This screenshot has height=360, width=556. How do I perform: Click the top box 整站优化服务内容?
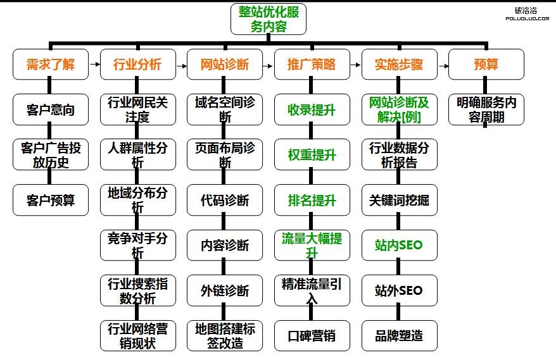click(269, 19)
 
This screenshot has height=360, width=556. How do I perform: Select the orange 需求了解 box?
click(51, 65)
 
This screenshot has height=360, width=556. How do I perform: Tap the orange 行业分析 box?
click(137, 65)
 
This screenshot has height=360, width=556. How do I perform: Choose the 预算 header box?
click(486, 65)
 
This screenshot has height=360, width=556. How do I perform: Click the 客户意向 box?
click(51, 109)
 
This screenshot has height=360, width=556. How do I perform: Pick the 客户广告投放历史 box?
click(51, 154)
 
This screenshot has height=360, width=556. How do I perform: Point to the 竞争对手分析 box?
click(137, 245)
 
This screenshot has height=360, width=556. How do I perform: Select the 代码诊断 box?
click(225, 200)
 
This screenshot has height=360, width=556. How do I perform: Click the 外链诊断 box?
click(225, 290)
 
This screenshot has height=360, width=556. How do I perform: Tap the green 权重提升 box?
click(312, 154)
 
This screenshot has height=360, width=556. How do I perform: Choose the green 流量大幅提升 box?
click(312, 245)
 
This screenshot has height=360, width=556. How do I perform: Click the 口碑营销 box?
click(312, 335)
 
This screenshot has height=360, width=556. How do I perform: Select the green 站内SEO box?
click(399, 245)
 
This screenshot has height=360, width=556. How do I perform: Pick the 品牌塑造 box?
click(399, 335)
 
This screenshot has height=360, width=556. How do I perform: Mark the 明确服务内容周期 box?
click(486, 109)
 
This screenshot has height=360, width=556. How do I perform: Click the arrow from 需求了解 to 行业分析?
click(94, 64)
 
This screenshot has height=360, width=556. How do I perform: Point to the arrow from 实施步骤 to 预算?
click(443, 64)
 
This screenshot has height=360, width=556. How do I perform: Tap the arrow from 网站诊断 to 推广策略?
click(269, 64)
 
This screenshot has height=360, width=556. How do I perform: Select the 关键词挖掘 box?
click(399, 200)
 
